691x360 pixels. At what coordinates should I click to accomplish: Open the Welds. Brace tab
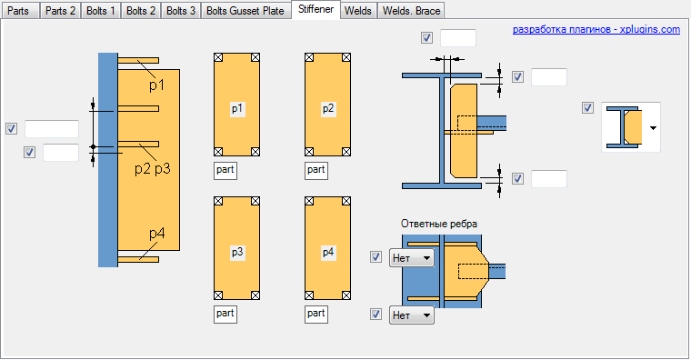tap(411, 11)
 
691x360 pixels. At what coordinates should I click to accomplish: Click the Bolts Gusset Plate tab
tap(245, 11)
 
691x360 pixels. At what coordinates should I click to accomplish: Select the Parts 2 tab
tap(60, 11)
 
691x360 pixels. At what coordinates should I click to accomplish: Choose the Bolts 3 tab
tap(181, 11)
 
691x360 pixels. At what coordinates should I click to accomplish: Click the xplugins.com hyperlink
tap(596, 29)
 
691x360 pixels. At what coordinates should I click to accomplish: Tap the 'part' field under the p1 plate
tap(225, 170)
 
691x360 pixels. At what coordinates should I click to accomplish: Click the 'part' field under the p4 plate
tap(316, 314)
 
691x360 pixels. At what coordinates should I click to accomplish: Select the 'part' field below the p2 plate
tap(316, 170)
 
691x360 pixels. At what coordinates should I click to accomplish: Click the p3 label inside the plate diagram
tap(237, 252)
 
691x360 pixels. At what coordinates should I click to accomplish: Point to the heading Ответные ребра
tap(439, 224)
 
